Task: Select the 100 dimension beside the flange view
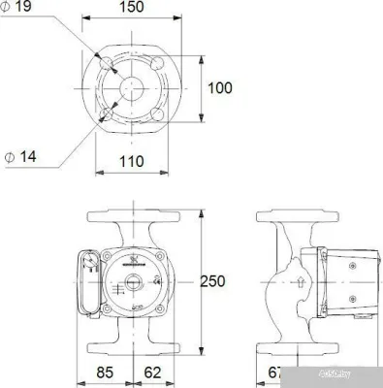point(222,88)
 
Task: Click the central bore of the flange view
point(133,88)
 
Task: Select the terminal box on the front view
point(86,283)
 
